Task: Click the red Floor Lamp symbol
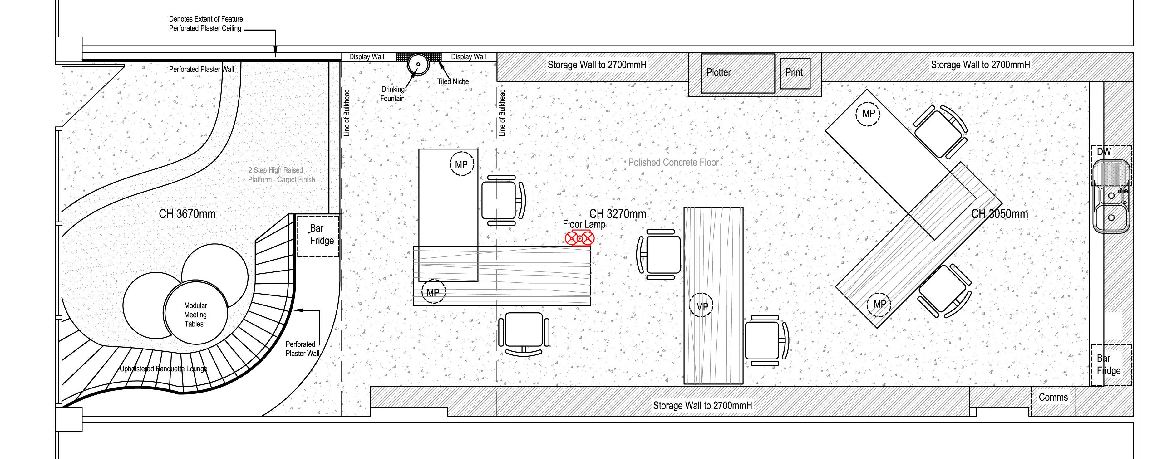click(x=579, y=238)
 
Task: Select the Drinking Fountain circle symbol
click(x=418, y=64)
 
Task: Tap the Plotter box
click(x=737, y=73)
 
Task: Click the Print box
click(x=795, y=73)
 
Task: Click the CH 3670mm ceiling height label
click(x=187, y=214)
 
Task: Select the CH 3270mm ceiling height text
click(x=618, y=214)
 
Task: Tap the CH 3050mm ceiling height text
click(x=999, y=214)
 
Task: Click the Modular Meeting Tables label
click(x=195, y=315)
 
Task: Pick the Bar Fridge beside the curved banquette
click(x=318, y=236)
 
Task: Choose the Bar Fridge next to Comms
click(x=1111, y=365)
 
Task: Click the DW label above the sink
click(x=1104, y=152)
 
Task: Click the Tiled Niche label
click(x=453, y=81)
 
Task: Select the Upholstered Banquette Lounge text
click(x=164, y=369)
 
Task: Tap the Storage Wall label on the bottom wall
click(x=702, y=406)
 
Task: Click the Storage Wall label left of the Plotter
click(x=597, y=65)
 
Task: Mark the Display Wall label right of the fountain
click(x=468, y=56)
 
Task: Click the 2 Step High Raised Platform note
click(x=281, y=175)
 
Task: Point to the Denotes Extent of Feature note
click(x=206, y=23)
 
